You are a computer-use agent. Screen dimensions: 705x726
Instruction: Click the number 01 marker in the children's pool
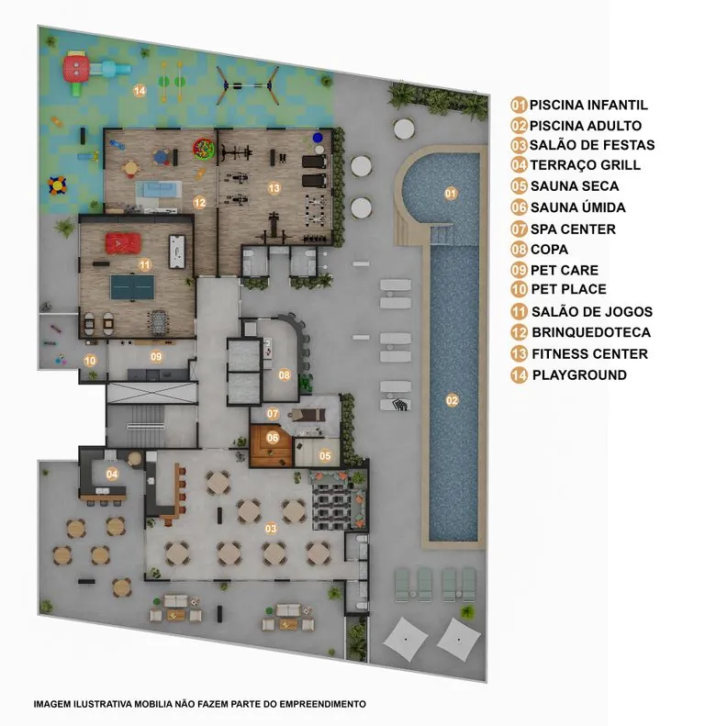point(450,193)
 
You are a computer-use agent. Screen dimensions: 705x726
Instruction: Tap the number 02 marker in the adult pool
point(452,400)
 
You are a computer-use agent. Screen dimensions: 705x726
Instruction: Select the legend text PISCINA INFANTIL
point(588,106)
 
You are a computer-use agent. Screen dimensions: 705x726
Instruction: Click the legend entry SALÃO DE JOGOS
point(592,312)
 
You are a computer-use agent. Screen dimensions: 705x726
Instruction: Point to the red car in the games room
point(123,243)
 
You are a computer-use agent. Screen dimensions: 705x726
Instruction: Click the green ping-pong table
point(132,287)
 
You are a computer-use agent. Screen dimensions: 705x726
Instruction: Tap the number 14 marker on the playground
point(140,91)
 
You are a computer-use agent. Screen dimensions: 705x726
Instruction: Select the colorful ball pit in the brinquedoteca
point(204,149)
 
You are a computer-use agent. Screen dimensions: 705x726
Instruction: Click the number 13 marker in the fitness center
point(274,188)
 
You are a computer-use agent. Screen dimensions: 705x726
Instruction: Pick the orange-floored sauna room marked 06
point(272,444)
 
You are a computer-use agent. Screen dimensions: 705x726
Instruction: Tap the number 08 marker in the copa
point(284,375)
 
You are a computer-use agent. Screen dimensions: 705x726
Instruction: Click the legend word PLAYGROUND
point(579,375)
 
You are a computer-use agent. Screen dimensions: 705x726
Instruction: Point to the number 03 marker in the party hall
point(271,529)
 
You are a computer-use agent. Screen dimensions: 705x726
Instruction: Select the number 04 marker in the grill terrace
point(112,475)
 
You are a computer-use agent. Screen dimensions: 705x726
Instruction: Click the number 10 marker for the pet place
point(90,360)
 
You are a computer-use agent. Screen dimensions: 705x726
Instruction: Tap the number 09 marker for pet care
point(156,356)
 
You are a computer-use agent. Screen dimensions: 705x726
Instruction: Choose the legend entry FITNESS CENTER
point(589,354)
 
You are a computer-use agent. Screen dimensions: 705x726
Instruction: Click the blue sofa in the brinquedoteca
point(159,190)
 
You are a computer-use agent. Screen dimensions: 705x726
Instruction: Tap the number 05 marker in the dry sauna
point(325,456)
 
